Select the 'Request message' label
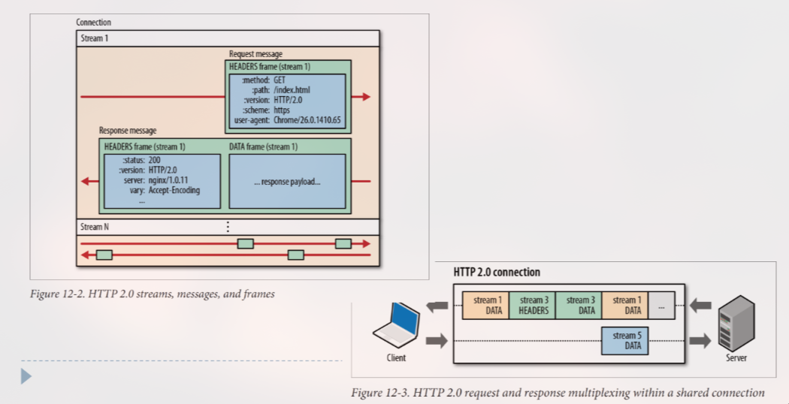point(255,55)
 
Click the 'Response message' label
point(128,131)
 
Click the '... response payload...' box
point(287,181)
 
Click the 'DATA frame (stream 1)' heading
point(263,147)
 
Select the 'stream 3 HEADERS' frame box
point(533,305)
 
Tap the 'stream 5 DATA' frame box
point(625,340)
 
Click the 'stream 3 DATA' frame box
point(579,305)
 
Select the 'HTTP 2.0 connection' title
point(497,272)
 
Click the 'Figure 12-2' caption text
point(153,294)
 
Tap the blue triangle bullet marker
point(26,375)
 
